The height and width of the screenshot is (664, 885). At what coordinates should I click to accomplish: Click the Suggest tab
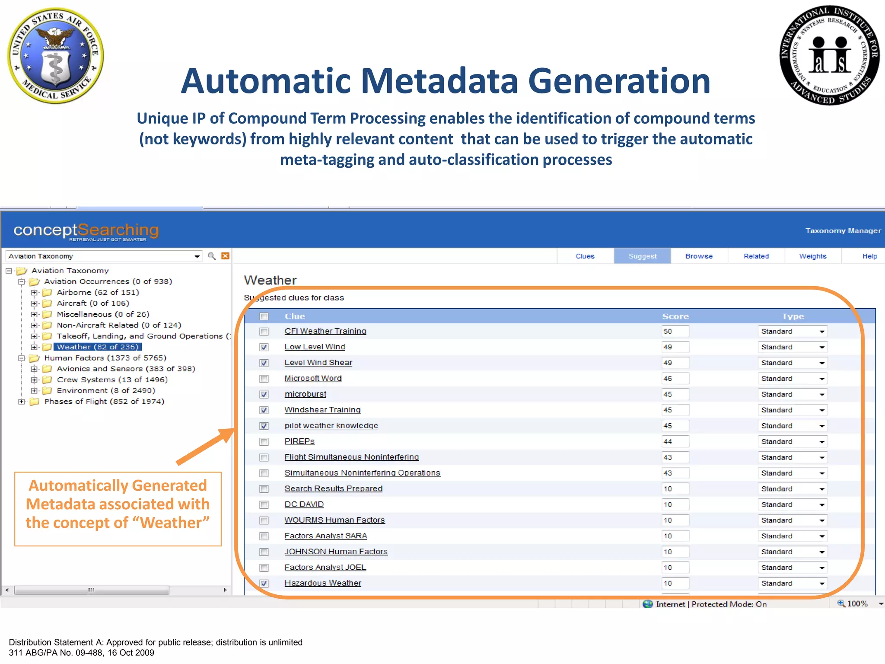pyautogui.click(x=642, y=256)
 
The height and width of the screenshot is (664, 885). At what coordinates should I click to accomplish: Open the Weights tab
pyautogui.click(x=812, y=256)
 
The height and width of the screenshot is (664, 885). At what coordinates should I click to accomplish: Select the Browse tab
pyautogui.click(x=699, y=256)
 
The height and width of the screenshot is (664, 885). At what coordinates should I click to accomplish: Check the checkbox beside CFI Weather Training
pyautogui.click(x=264, y=332)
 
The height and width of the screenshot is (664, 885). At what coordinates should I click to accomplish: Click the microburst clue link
pyautogui.click(x=305, y=394)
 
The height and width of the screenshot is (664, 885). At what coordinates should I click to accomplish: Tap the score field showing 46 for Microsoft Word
pyautogui.click(x=675, y=379)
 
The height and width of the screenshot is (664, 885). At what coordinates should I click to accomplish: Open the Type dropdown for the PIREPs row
pyautogui.click(x=821, y=442)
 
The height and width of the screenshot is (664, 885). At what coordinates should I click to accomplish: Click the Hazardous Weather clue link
pyautogui.click(x=322, y=583)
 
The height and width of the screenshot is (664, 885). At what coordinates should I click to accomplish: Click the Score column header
pyautogui.click(x=675, y=316)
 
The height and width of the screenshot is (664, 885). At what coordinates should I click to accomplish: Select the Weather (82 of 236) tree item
pyautogui.click(x=97, y=347)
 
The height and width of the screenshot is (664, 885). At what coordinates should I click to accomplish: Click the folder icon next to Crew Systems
pyautogui.click(x=47, y=380)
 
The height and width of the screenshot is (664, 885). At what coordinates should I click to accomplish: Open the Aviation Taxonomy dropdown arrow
pyautogui.click(x=197, y=256)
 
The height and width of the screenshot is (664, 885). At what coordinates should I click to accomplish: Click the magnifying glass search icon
pyautogui.click(x=212, y=256)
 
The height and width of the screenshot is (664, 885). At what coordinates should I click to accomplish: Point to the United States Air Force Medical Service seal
pyautogui.click(x=55, y=55)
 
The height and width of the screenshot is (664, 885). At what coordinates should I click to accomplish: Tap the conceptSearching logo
pyautogui.click(x=86, y=231)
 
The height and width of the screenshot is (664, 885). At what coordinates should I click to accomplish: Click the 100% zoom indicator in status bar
pyautogui.click(x=853, y=603)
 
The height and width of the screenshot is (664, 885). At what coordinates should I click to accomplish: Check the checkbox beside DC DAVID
pyautogui.click(x=264, y=505)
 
